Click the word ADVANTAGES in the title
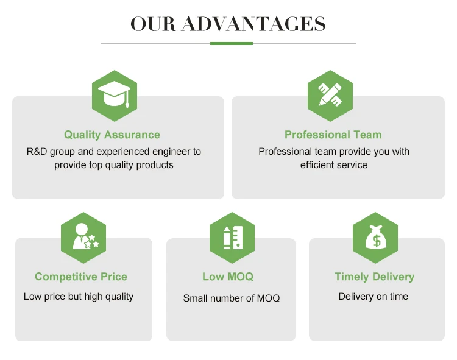click(x=253, y=24)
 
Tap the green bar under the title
click(x=232, y=44)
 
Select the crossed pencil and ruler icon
click(x=330, y=94)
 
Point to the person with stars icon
click(x=86, y=236)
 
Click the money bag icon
click(x=376, y=237)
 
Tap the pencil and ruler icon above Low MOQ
click(x=233, y=238)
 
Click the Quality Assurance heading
click(x=112, y=135)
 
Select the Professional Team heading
click(x=333, y=135)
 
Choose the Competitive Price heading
click(x=81, y=277)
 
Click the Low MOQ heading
click(x=228, y=277)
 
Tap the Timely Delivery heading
click(x=375, y=277)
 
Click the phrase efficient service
click(x=334, y=165)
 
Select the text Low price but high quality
click(x=79, y=297)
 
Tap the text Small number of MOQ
click(x=232, y=298)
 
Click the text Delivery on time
click(x=374, y=297)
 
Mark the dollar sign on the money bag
click(x=377, y=241)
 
